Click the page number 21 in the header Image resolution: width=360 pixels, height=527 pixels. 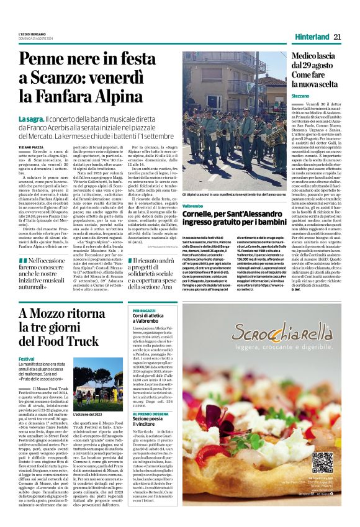tap(338, 37)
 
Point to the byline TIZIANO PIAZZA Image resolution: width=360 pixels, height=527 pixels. tap(31, 146)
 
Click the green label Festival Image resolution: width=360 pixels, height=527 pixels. tap(26, 359)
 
